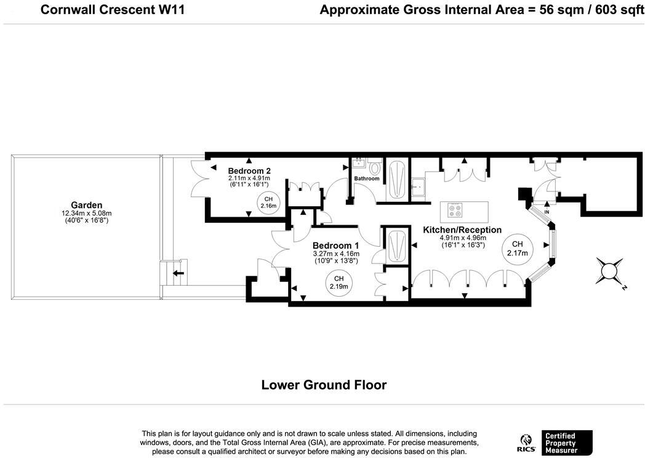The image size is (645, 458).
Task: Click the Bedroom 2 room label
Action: [249, 171]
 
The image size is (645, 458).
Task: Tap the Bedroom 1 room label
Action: [335, 246]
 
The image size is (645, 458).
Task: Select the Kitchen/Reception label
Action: [462, 230]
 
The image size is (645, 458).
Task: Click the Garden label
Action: [86, 206]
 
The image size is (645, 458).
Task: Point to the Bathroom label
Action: [367, 179]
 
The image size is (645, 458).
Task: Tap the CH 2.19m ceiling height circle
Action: [339, 283]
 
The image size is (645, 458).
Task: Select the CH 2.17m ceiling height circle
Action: [517, 249]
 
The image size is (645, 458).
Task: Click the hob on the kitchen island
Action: [455, 211]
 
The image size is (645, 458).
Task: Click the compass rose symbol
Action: [610, 271]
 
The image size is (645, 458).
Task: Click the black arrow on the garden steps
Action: [178, 273]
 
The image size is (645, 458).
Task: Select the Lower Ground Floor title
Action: [324, 385]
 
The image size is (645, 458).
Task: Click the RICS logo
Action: [526, 444]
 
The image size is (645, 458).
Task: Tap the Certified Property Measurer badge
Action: [569, 443]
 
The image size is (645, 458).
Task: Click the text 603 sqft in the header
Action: [619, 9]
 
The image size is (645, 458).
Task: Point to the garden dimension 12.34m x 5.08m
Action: [86, 214]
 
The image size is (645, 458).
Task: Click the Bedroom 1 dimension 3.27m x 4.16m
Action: [336, 254]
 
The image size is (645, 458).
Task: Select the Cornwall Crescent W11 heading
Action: [113, 9]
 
